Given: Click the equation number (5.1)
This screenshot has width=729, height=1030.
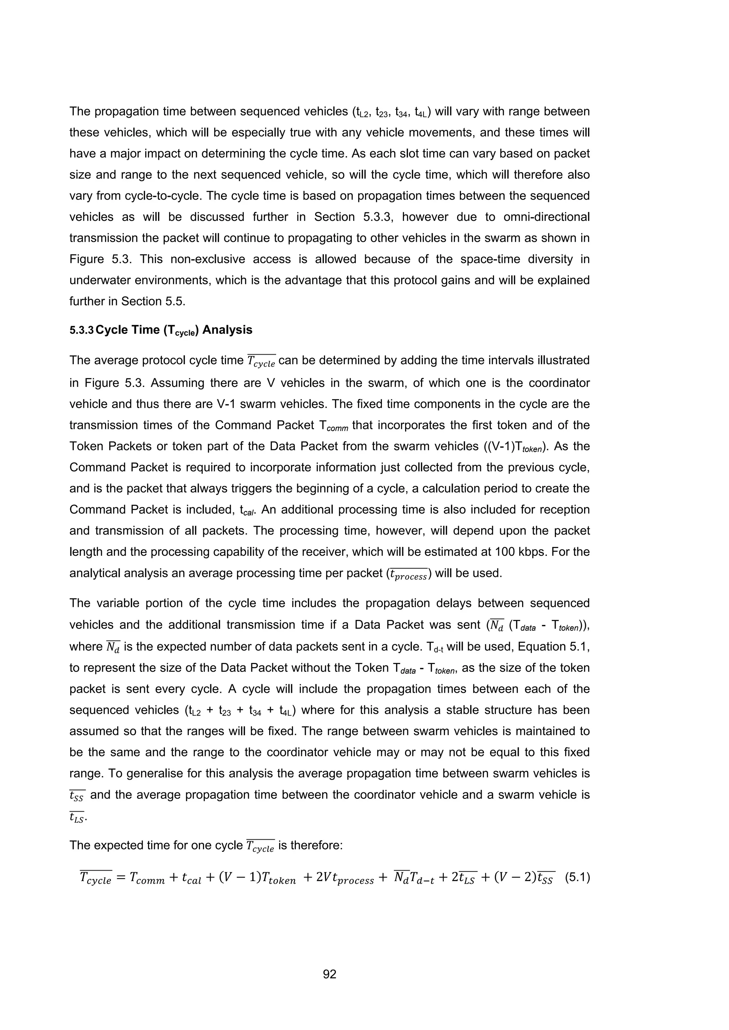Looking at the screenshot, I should [x=577, y=877].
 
